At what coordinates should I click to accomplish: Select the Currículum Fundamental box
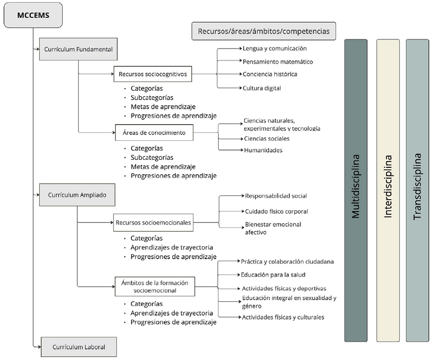tap(78, 49)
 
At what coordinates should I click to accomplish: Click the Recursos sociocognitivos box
tap(153, 74)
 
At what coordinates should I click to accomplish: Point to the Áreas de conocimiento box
tap(154, 132)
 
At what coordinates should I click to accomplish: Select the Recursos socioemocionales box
tap(153, 221)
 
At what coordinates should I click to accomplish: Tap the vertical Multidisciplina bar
tap(356, 191)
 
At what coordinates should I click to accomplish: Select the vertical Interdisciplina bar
tap(388, 191)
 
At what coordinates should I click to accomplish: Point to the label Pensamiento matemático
tap(278, 62)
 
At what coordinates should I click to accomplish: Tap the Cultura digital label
tap(262, 87)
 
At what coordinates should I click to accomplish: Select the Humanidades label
tap(262, 150)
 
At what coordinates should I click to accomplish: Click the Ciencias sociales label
tap(266, 139)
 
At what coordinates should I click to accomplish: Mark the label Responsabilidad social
tap(276, 196)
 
